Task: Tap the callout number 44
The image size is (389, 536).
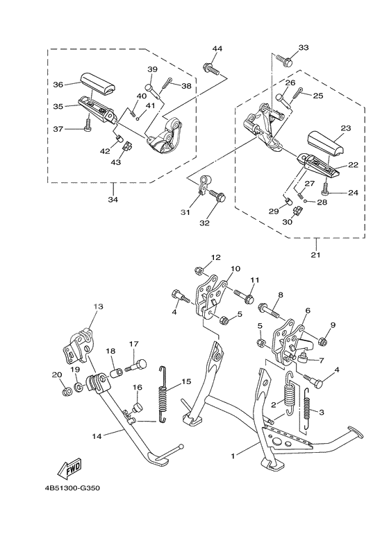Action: click(217, 49)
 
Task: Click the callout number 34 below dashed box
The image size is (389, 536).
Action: click(113, 200)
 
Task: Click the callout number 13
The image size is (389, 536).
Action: click(97, 305)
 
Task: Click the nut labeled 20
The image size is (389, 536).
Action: click(67, 393)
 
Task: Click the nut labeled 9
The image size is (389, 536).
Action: click(323, 340)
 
